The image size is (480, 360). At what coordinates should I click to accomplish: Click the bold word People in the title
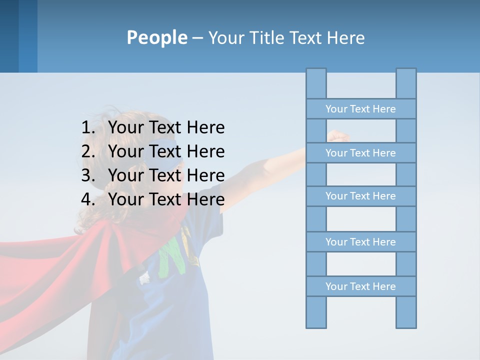156,37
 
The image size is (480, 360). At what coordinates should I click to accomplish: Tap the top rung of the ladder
360,109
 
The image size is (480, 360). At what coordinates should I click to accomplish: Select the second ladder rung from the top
360,153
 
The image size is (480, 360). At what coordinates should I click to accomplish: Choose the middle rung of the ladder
360,196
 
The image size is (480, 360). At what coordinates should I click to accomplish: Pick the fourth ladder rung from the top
360,242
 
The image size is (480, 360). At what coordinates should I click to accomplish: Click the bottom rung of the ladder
360,286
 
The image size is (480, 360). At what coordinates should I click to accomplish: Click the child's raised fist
338,135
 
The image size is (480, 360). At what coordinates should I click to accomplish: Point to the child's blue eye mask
165,150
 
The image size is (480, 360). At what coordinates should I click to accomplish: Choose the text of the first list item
166,128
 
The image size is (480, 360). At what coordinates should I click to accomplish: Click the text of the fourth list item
166,199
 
